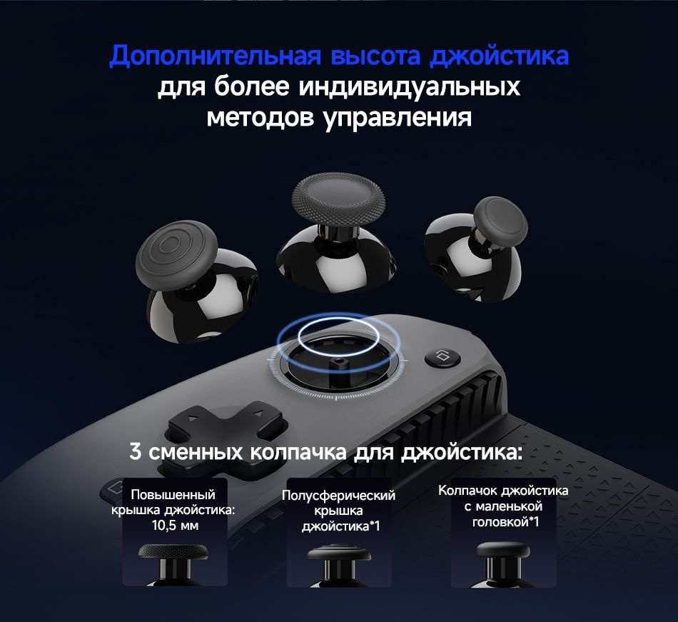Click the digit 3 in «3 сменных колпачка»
(x=136, y=452)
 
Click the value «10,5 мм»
(x=173, y=526)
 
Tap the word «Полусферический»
(x=338, y=496)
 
